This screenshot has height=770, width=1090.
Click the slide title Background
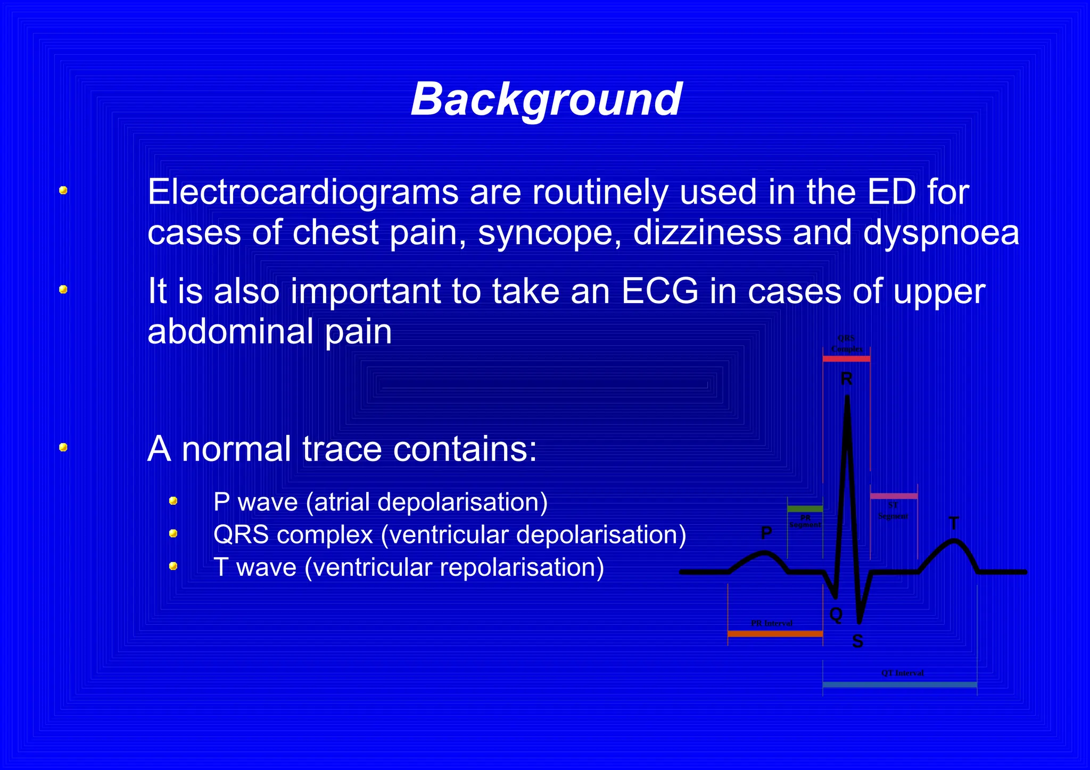[546, 99]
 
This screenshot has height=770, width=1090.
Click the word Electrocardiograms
[302, 192]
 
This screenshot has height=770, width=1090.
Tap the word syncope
[549, 233]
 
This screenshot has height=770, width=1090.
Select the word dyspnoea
[940, 233]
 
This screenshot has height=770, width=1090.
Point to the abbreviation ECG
[659, 291]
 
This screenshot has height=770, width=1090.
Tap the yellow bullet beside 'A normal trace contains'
[63, 447]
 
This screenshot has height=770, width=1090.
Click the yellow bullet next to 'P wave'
[173, 501]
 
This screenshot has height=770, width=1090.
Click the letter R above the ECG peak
[846, 379]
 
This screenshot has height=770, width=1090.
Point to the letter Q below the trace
[836, 615]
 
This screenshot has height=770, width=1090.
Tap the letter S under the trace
[857, 641]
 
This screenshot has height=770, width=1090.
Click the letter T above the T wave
[954, 524]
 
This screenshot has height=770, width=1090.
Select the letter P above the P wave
[766, 532]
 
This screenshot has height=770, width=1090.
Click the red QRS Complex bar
[846, 359]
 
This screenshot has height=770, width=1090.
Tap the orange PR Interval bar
[775, 633]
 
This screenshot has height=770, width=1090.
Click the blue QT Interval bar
[899, 685]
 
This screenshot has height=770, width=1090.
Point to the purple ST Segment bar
[894, 496]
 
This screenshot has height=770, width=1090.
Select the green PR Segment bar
[805, 509]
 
